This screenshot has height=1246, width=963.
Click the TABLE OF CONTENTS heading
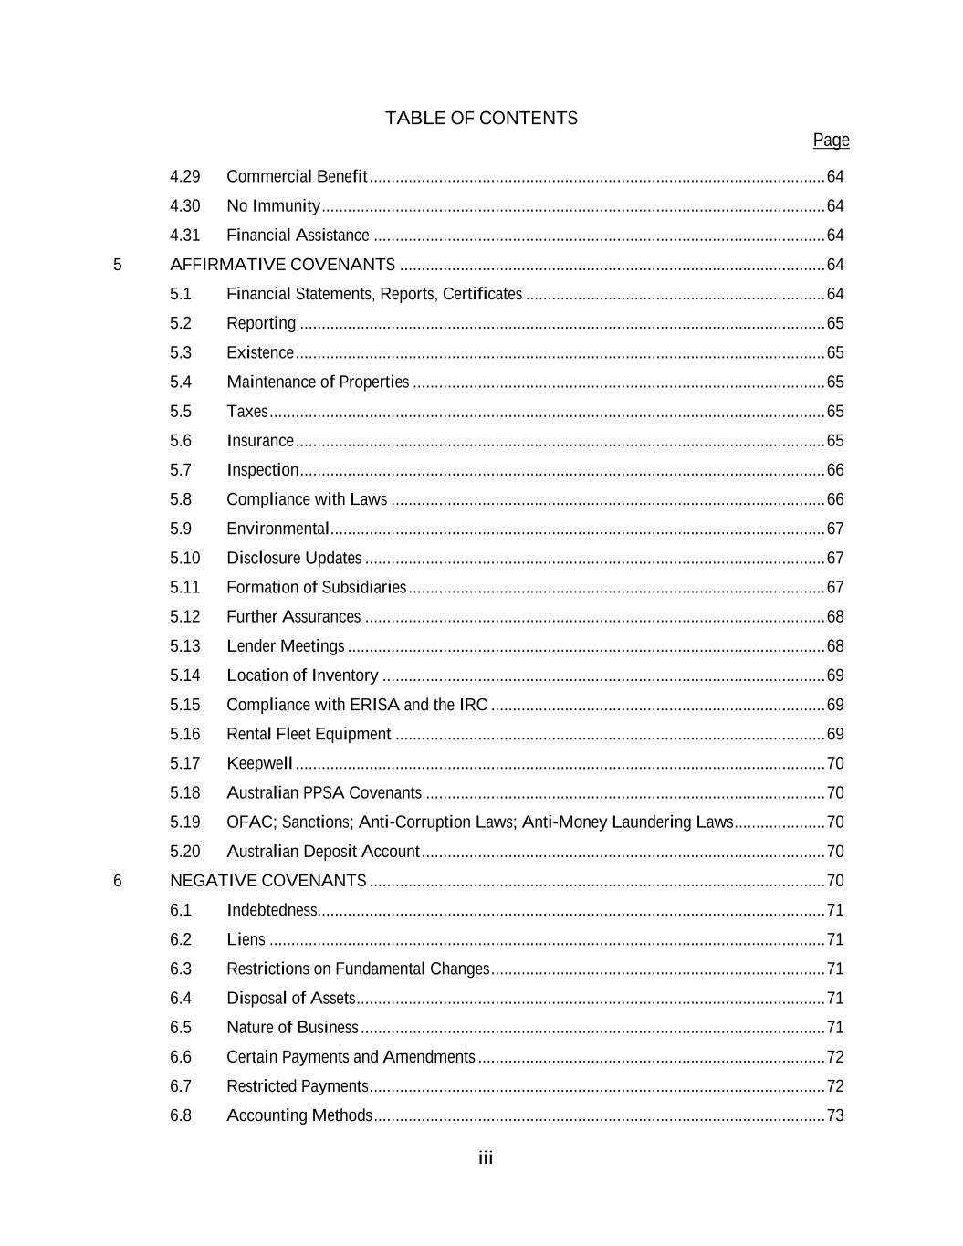click(481, 119)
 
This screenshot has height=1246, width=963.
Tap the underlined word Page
click(831, 141)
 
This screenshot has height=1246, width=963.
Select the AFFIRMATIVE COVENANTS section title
click(282, 265)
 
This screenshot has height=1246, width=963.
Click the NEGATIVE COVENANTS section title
click(267, 881)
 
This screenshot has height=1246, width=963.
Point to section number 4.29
click(184, 176)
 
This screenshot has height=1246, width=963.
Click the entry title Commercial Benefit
click(297, 176)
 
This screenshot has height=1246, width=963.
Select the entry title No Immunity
click(273, 206)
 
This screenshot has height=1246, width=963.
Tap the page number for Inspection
click(834, 470)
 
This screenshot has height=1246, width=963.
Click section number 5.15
click(184, 705)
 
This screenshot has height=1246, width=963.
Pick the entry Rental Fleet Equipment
click(309, 734)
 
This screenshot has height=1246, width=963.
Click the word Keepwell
click(259, 763)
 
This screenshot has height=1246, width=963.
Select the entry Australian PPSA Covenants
click(324, 793)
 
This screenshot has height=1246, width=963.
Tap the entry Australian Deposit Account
click(323, 852)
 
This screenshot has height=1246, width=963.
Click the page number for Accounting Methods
click(834, 1115)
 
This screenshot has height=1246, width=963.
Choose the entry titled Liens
click(246, 939)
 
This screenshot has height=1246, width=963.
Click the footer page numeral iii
click(486, 1158)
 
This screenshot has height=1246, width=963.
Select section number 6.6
click(181, 1057)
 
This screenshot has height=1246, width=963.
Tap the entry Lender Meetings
click(286, 646)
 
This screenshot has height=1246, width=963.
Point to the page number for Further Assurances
click(834, 617)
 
